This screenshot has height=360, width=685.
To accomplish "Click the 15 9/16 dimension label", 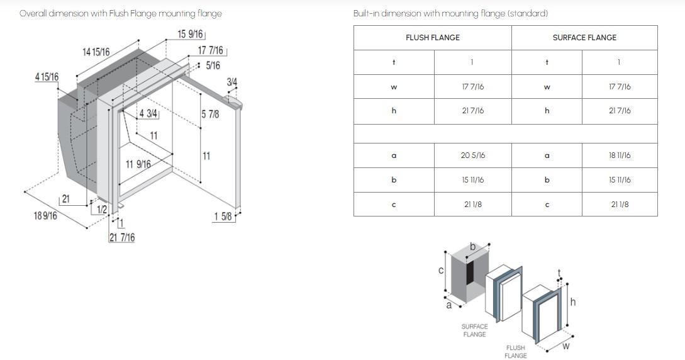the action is point(190,34).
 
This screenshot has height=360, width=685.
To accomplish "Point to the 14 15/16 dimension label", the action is point(96,52).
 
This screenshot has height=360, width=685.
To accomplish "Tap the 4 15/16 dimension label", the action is point(47,77).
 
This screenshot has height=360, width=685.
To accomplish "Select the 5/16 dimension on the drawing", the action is point(213,65).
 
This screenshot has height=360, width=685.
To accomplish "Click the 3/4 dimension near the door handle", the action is point(232,82).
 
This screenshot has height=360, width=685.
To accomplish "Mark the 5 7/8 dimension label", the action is point(210,115).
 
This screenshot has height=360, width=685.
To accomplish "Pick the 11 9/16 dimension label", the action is point(138,164).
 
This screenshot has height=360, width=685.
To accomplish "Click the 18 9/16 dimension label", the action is point(45,215).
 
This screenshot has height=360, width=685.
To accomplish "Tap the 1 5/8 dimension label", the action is point(223,217).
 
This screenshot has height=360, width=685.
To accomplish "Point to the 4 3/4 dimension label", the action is point(148,114).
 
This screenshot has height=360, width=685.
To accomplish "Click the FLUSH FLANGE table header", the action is point(433,38).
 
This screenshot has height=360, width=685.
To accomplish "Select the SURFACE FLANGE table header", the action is point(584,38).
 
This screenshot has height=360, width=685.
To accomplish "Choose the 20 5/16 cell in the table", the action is point(472,155).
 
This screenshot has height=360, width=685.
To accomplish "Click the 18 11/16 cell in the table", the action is point(620,155).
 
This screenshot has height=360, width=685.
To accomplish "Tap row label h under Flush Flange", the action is point(394,111).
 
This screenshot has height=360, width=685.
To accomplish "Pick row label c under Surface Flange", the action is point(547,205).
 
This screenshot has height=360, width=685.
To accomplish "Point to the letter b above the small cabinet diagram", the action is point(472,247).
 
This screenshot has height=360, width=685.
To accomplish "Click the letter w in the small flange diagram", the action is point(565,346).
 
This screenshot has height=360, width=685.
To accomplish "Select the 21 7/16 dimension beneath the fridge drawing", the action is point(122,238).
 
